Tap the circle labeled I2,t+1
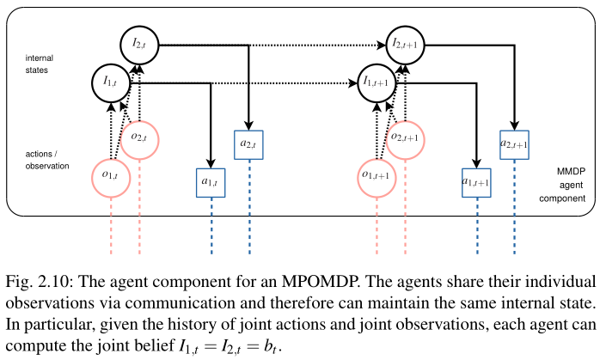[x=404, y=42]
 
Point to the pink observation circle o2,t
[x=138, y=137]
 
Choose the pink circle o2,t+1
[x=405, y=137]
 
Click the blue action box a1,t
[x=210, y=181]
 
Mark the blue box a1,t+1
[x=476, y=181]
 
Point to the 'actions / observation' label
[x=48, y=160]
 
